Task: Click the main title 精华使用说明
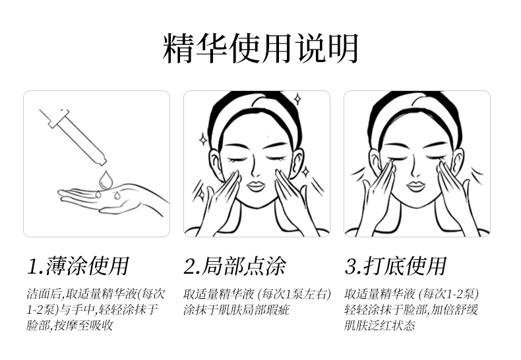(260, 48)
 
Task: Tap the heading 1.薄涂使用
(78, 266)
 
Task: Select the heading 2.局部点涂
(235, 266)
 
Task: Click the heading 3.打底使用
(396, 266)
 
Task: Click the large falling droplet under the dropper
(106, 179)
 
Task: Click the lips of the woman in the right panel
(416, 186)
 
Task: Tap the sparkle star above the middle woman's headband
(298, 99)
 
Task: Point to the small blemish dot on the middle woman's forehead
(268, 136)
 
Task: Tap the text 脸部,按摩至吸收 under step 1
(69, 325)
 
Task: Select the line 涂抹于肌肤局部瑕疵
(236, 310)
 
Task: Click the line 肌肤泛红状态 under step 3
(380, 325)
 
